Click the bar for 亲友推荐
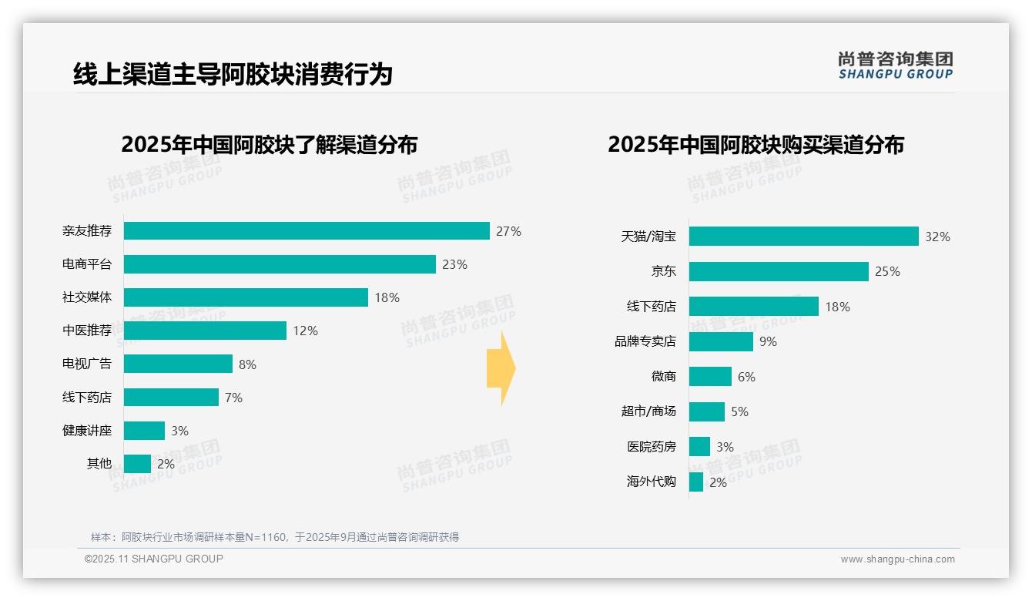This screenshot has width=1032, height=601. pyautogui.click(x=307, y=231)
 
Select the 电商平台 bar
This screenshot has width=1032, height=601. pyautogui.click(x=280, y=264)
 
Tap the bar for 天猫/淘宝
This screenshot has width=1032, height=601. pyautogui.click(x=803, y=237)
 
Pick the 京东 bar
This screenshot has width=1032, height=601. pyautogui.click(x=779, y=271)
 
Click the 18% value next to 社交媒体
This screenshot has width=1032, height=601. pyautogui.click(x=387, y=297)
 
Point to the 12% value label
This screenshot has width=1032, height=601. pyautogui.click(x=305, y=331)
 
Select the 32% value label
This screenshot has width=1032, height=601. pyautogui.click(x=937, y=237)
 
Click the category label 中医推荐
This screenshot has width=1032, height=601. pyautogui.click(x=87, y=331)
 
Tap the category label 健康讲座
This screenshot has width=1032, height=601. pyautogui.click(x=87, y=431)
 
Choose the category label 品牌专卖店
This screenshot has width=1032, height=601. pyautogui.click(x=645, y=341)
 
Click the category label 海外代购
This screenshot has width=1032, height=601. pyautogui.click(x=651, y=482)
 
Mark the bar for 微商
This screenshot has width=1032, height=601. pyautogui.click(x=710, y=377)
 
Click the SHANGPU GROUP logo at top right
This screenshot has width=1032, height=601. pyautogui.click(x=895, y=65)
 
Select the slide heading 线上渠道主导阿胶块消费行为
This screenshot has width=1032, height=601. pyautogui.click(x=233, y=74)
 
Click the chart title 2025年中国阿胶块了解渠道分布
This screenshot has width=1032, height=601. pyautogui.click(x=269, y=145)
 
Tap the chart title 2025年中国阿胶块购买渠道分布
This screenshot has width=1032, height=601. pyautogui.click(x=756, y=145)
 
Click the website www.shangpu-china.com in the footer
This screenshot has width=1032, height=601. pyautogui.click(x=897, y=559)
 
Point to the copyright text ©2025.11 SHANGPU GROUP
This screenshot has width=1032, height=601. pyautogui.click(x=154, y=559)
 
